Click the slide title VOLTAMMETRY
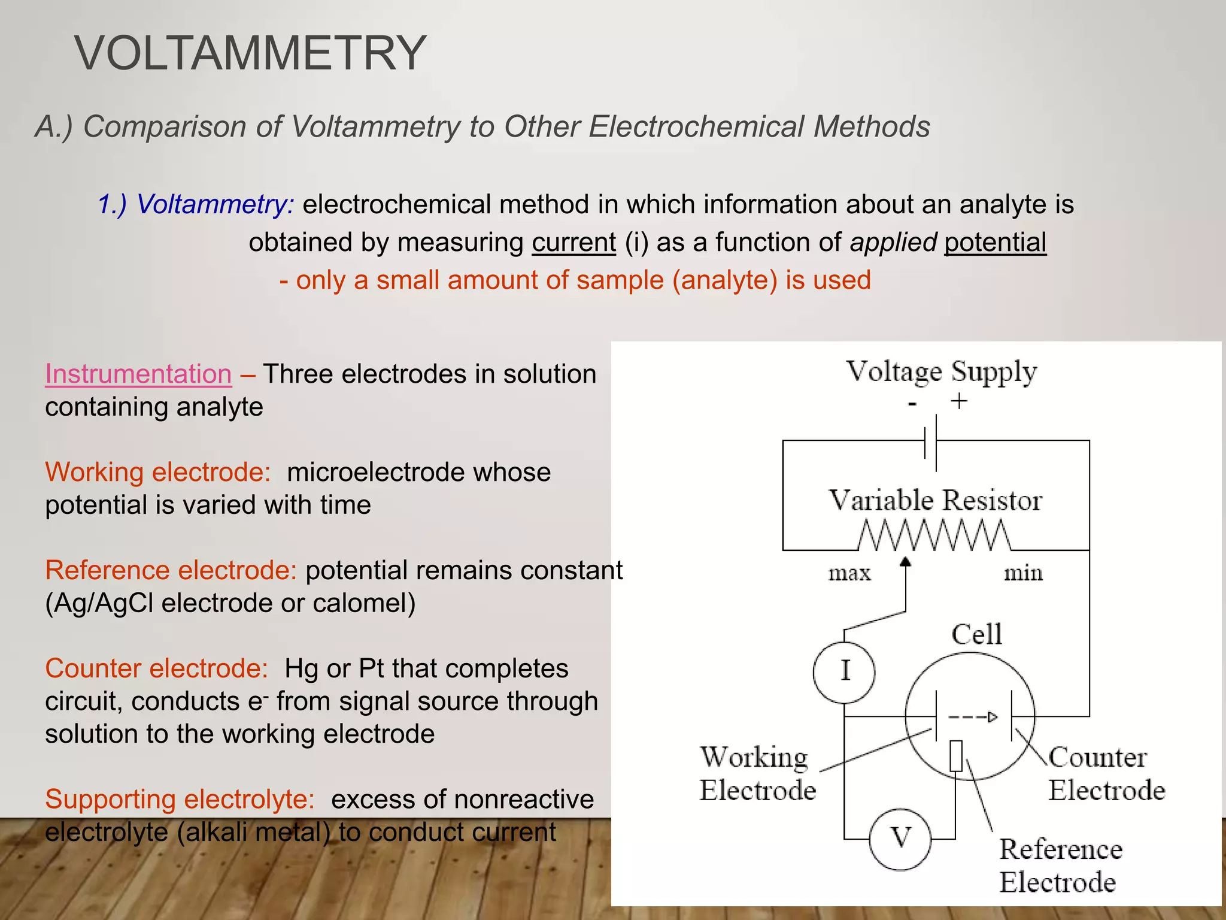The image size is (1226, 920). (250, 54)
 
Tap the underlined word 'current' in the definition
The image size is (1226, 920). (573, 243)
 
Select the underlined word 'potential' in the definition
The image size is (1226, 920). (995, 243)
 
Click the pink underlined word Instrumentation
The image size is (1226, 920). (138, 374)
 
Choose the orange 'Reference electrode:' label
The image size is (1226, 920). (171, 570)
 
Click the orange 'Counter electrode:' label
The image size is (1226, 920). (156, 668)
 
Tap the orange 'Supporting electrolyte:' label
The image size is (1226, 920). (180, 799)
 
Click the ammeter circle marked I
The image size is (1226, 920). (844, 671)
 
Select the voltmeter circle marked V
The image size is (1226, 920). (900, 839)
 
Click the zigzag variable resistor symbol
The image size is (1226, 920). (934, 535)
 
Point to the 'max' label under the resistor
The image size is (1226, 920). (849, 573)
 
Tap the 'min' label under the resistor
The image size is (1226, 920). (1023, 573)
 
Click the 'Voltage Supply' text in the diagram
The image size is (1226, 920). (941, 371)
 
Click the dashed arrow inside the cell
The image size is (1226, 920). (973, 717)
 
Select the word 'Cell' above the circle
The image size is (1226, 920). (976, 634)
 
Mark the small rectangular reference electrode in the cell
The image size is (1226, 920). (956, 756)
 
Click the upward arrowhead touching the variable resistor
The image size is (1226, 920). (906, 562)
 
